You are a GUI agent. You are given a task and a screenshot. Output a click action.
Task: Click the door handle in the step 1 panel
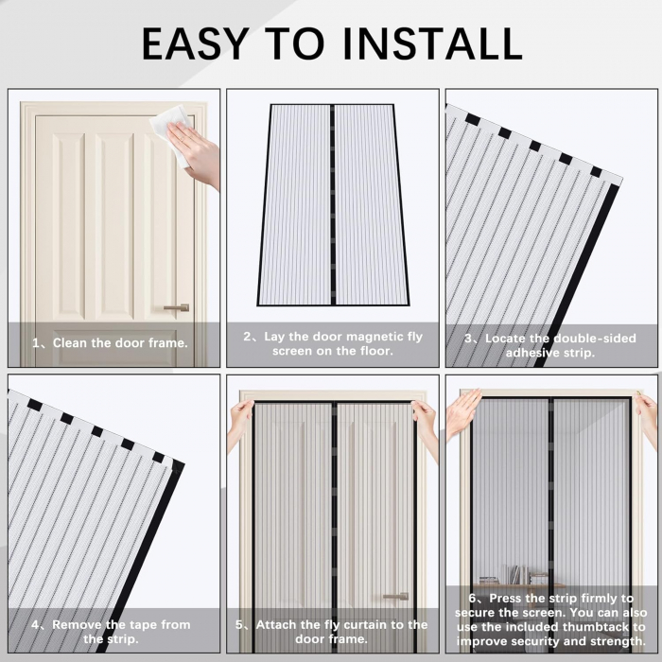tap(176, 307)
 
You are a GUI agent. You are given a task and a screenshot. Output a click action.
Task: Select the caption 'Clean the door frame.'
tap(120, 343)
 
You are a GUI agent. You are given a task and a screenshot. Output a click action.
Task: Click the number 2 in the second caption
tap(248, 337)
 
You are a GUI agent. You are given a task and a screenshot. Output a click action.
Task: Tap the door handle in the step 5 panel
tap(395, 597)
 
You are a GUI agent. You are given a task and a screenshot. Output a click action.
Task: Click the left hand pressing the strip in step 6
tap(462, 414)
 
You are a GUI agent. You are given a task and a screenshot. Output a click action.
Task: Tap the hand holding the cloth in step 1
tap(200, 151)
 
